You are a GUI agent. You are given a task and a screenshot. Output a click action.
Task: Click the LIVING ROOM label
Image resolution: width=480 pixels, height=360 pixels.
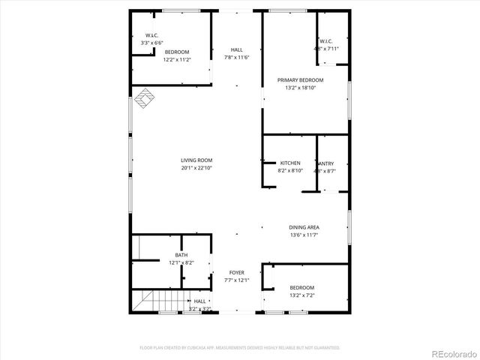coord(196,160)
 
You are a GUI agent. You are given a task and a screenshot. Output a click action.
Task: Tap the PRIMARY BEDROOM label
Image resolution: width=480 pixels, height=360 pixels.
coord(300,79)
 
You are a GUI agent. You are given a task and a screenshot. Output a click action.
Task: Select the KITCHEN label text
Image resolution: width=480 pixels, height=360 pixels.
coord(290,163)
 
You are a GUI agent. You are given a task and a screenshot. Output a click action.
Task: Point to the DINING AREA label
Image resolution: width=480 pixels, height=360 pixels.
coord(304,227)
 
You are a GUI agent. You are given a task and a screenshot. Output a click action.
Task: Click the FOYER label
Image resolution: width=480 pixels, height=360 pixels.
coord(237,272)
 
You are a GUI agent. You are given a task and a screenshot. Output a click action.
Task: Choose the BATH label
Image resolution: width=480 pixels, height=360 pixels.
coord(181,255)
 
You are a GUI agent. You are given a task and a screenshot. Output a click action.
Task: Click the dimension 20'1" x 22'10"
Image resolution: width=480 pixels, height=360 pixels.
coord(196,168)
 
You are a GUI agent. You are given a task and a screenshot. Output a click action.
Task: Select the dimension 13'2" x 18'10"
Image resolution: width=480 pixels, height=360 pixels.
coord(300,88)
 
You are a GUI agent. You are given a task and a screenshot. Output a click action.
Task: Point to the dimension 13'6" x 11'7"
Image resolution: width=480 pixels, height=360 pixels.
coord(304,235)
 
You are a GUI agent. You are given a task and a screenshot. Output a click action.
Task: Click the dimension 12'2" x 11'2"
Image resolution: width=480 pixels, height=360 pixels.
coord(177,59)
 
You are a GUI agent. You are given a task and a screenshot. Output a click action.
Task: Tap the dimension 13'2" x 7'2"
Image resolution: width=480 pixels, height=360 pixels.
coord(302,295)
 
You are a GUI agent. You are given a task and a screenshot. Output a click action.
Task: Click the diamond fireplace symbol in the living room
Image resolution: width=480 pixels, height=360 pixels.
coord(144,97)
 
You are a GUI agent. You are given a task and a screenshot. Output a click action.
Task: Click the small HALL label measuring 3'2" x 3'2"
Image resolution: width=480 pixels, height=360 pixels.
coord(200,301)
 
